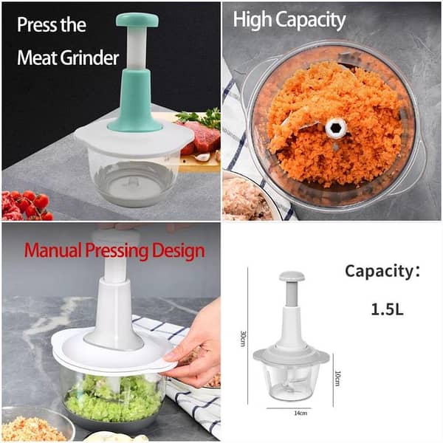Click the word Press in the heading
(36, 24)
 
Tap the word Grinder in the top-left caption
(91, 57)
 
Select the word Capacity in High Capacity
(311, 20)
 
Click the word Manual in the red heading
(49, 250)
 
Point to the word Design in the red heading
(174, 250)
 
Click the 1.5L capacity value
(387, 308)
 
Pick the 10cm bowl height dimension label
(337, 377)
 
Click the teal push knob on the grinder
(137, 20)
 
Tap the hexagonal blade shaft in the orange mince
(336, 128)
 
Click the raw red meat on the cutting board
(200, 137)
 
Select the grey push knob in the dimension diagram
(291, 276)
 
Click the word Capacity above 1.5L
(379, 271)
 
